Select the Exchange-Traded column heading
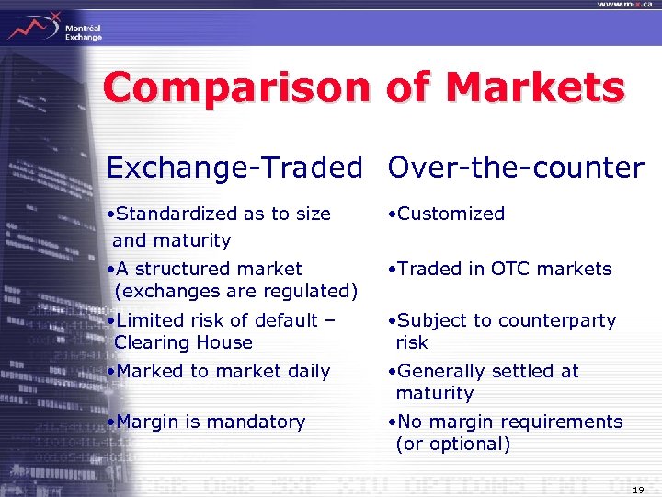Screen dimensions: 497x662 coord(234,168)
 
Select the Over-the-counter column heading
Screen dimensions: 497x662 coord(516,168)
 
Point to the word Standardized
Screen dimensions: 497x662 coord(175,214)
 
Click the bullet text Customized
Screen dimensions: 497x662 coord(451,214)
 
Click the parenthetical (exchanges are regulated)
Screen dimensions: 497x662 coord(235,291)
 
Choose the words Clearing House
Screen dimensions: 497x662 coord(183,342)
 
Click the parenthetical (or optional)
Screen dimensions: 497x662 coord(452,444)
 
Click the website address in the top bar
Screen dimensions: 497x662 coord(625,5)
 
